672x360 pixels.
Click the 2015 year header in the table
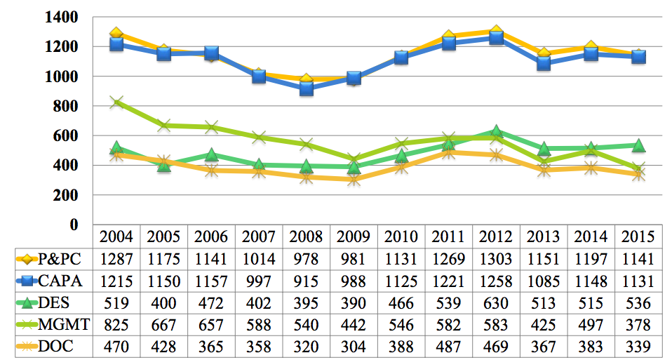638,236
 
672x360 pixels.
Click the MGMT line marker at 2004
116,102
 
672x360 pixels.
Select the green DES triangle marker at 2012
496,131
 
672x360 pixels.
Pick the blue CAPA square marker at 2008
307,88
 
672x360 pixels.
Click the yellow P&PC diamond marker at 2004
116,34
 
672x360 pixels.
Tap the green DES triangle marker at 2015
638,145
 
